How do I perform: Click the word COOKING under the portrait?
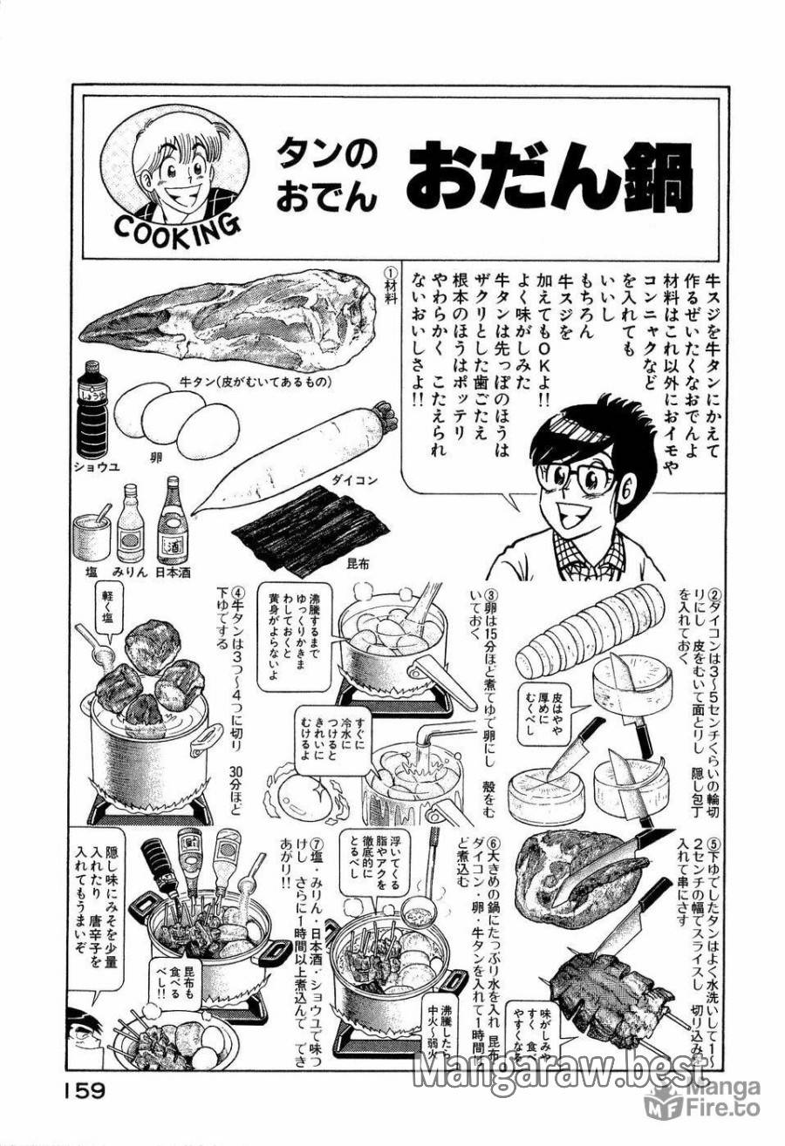point(176,228)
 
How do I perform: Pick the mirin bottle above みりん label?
point(130,524)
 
